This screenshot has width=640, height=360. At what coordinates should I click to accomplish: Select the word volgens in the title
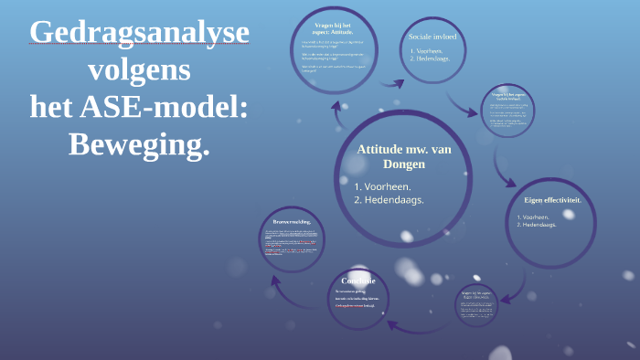(x=139, y=70)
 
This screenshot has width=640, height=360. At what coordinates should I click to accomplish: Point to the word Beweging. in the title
(x=139, y=143)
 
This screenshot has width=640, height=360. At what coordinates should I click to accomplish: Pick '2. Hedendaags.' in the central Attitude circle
(x=389, y=200)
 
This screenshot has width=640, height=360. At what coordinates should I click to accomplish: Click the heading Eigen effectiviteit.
(x=552, y=199)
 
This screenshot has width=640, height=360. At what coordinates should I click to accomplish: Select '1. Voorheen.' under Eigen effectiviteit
(x=538, y=217)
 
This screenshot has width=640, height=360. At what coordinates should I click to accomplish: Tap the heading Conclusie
(x=357, y=281)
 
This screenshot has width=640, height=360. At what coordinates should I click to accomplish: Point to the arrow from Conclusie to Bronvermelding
(x=291, y=291)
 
